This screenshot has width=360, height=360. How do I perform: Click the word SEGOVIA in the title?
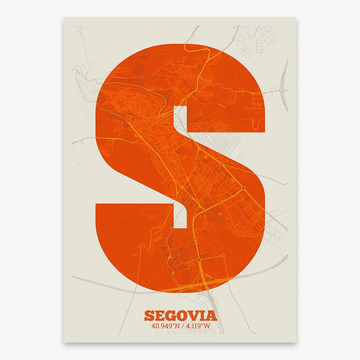(x=180, y=315)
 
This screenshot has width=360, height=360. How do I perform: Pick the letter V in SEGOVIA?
(x=193, y=315)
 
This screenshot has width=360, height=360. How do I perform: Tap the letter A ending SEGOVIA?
(x=211, y=315)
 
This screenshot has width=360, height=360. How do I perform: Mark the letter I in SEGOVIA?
(x=203, y=315)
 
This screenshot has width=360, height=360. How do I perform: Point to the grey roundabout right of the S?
(x=282, y=90)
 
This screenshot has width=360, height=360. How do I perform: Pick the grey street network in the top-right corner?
(x=257, y=39)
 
